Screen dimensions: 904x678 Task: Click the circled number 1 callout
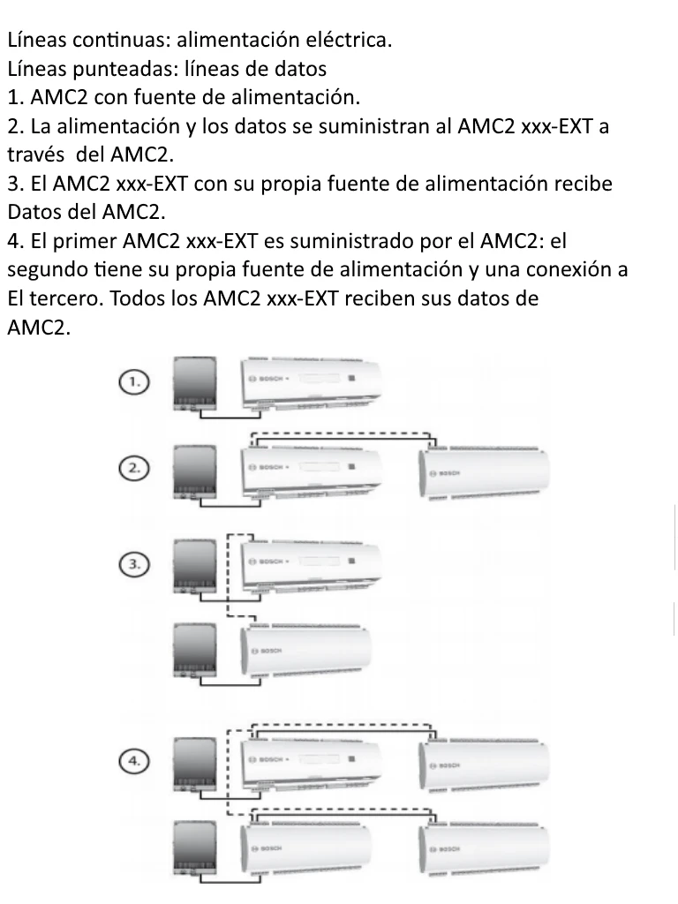132,381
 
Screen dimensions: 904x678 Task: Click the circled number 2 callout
132,469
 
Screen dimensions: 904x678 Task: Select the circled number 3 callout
132,562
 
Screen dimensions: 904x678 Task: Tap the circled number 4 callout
132,759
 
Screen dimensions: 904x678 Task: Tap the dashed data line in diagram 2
344,433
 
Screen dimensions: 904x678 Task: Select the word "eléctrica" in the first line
346,40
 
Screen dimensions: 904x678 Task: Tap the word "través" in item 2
36,154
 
